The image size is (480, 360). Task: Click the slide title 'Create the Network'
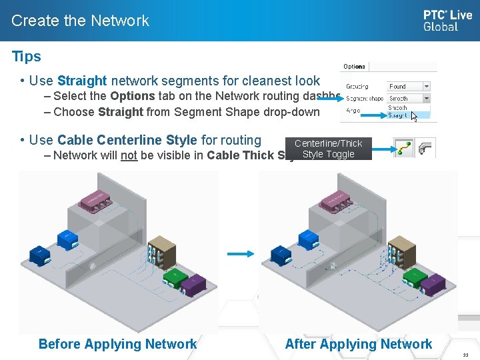coord(80,21)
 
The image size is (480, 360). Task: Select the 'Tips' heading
coord(27,57)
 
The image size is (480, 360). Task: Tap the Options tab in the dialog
coord(354,67)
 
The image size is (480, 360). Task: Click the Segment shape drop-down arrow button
coord(427,98)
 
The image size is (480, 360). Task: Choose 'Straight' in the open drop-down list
coord(398,115)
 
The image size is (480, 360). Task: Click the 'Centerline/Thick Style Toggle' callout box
coord(328,149)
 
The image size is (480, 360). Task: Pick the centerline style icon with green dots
coord(403,147)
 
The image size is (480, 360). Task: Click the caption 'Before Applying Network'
coord(117,344)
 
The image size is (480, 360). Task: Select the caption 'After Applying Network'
coord(359,344)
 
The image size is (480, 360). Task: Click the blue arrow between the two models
coord(240,254)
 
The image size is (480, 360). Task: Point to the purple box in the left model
coord(194,285)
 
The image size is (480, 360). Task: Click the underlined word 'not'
coord(129,155)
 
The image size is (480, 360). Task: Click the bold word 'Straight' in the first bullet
coord(82,81)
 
